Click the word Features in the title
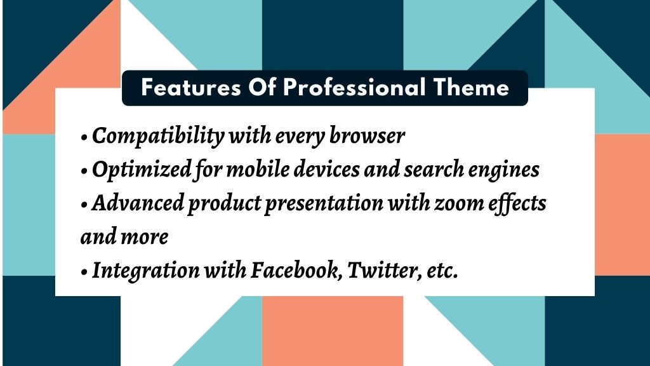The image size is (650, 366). click(x=190, y=88)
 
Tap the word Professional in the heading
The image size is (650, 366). click(x=354, y=88)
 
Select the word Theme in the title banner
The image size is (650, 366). click(x=472, y=88)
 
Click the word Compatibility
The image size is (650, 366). click(x=158, y=136)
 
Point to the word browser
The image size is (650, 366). click(x=367, y=135)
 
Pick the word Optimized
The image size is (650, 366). click(x=142, y=170)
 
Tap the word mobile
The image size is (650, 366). click(x=258, y=169)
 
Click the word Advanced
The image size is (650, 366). click(x=138, y=203)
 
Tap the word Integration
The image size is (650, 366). click(x=145, y=271)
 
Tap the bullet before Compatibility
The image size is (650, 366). click(x=84, y=137)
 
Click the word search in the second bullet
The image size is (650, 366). click(x=434, y=169)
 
